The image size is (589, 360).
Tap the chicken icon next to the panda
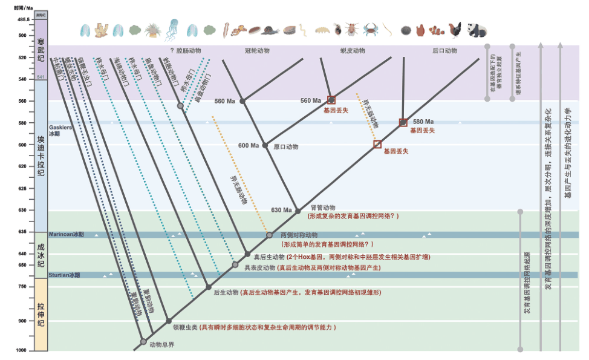(456, 29)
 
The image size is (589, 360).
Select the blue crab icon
(370, 28)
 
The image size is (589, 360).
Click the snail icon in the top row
(272, 30)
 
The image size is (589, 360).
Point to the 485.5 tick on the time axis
(24, 19)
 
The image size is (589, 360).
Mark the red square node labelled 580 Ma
(403, 123)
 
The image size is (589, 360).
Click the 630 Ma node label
(282, 210)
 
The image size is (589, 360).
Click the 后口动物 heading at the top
(444, 51)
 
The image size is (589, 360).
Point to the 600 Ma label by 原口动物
(248, 146)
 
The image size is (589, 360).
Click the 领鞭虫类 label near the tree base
(185, 327)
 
